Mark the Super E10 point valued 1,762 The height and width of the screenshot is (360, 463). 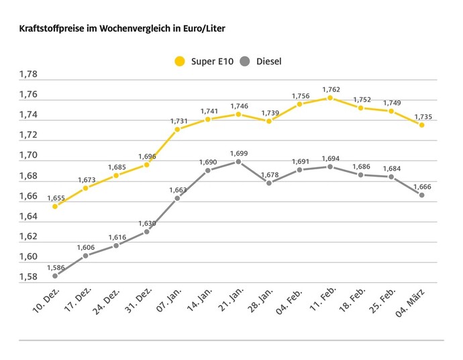[330, 98]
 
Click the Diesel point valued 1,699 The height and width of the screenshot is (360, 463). [238, 162]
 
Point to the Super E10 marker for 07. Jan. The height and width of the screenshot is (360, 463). [177, 129]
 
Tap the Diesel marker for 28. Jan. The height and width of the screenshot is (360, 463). [269, 183]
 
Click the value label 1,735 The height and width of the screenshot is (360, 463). [424, 117]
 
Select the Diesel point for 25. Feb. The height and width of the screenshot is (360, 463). [391, 177]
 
